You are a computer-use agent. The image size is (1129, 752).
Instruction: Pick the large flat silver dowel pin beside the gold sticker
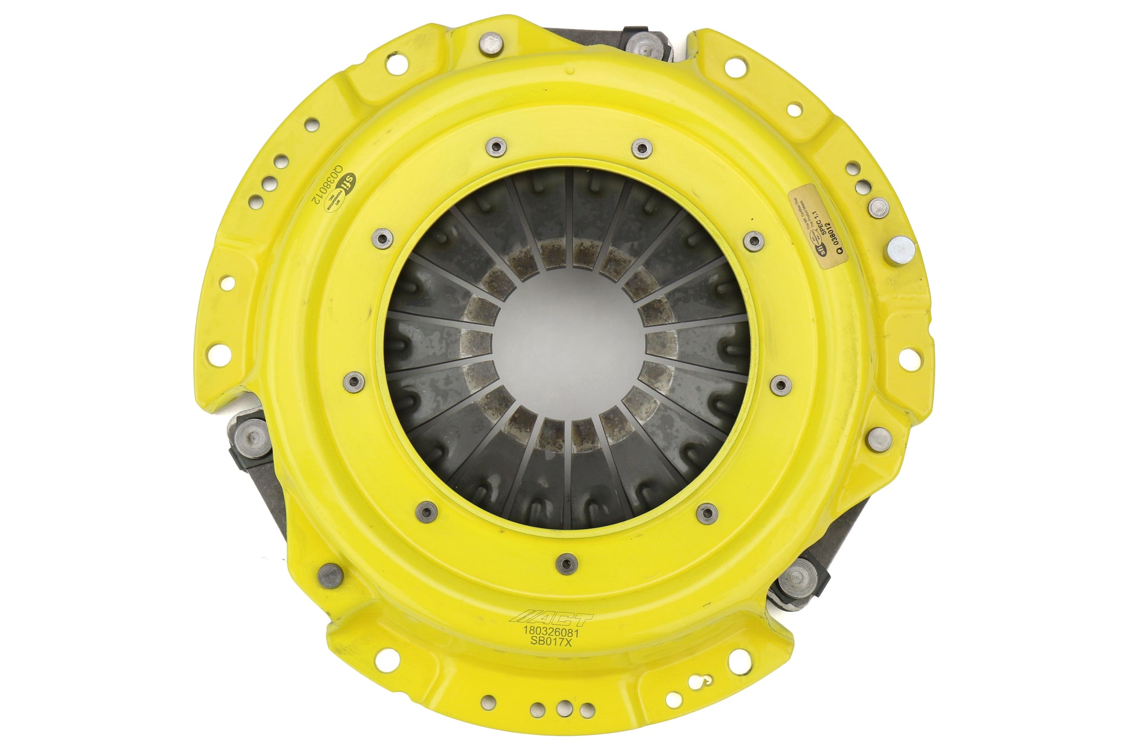click(901, 251)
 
